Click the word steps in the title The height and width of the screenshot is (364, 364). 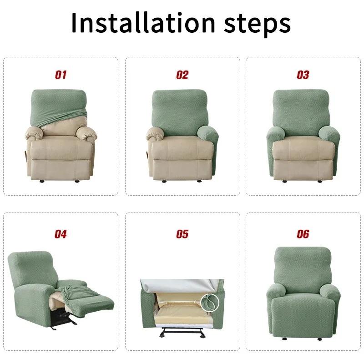(255, 24)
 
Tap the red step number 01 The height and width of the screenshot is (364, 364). (61, 75)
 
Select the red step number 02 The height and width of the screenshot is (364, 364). (182, 75)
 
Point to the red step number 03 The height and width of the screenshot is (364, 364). (303, 75)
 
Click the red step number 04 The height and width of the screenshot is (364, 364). (61, 234)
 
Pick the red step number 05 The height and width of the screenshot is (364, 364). (182, 234)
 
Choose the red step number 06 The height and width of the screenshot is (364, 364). (303, 234)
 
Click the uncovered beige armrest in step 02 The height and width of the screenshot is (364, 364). (157, 134)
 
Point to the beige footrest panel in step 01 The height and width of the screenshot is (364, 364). (61, 167)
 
